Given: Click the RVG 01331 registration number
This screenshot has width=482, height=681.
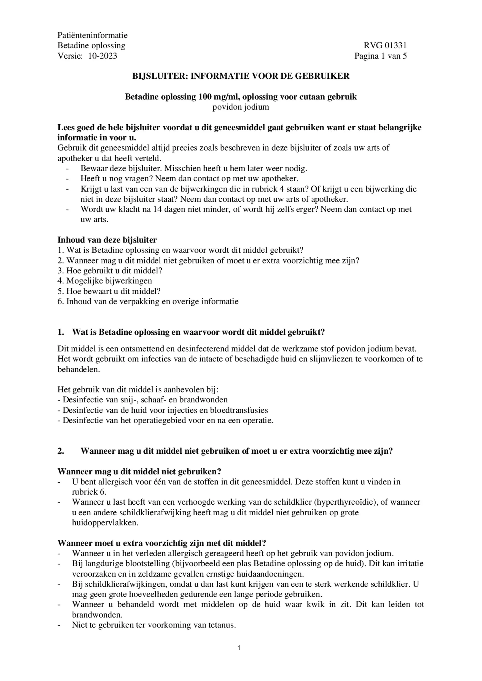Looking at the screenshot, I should (385, 45).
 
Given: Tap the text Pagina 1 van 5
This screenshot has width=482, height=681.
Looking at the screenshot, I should (380, 56).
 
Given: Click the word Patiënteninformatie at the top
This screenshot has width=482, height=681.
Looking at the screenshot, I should (93, 35).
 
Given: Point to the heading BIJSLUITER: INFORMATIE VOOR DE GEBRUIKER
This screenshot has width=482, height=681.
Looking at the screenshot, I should (241, 76).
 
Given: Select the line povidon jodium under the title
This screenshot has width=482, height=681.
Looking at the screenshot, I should (241, 107).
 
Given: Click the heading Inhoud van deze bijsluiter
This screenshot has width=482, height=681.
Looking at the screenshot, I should (107, 240).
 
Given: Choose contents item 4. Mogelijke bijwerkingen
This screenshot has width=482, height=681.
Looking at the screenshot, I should (105, 281).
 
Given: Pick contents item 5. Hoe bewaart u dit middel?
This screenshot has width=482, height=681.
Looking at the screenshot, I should (109, 291).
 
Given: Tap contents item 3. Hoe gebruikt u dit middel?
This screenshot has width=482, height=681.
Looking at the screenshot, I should (110, 271).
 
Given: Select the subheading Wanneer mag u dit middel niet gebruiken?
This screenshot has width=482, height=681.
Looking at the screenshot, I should (139, 471).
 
